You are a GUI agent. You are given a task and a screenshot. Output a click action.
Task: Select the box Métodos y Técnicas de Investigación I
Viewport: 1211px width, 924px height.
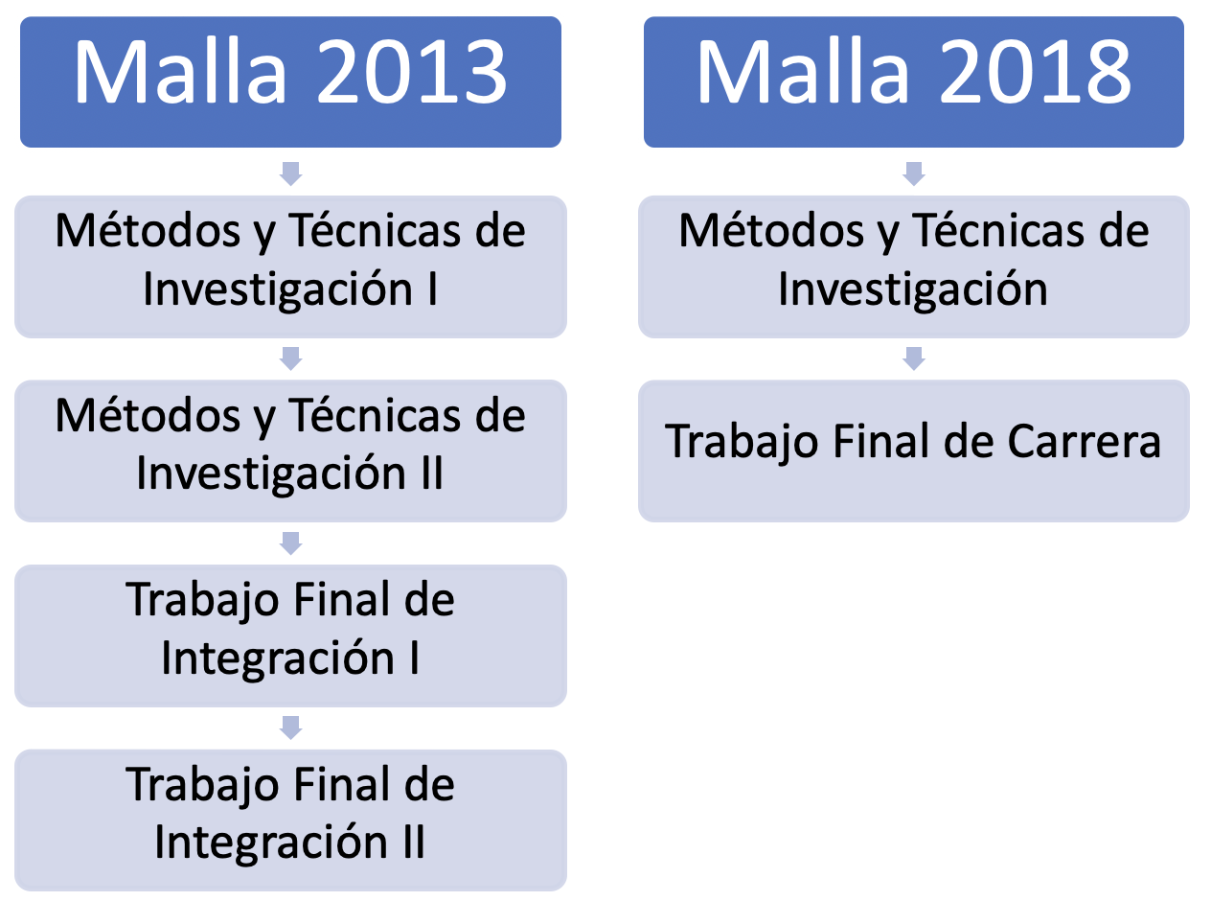tap(290, 266)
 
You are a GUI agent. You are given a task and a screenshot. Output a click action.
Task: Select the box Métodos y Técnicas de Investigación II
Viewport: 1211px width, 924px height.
tap(290, 450)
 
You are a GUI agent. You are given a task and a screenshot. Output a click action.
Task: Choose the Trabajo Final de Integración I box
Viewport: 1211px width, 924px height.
tap(290, 635)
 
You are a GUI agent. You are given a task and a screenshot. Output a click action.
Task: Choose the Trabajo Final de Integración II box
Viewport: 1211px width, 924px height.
tap(290, 820)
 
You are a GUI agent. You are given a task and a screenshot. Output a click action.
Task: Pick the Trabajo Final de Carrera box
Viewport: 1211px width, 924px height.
tap(913, 450)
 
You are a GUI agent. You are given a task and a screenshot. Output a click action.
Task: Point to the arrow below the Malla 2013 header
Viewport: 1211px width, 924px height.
tap(290, 173)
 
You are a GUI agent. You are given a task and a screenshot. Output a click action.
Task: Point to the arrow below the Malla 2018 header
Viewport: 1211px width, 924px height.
tap(914, 173)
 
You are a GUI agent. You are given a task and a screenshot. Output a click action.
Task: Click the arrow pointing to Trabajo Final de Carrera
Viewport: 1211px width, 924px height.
tap(914, 358)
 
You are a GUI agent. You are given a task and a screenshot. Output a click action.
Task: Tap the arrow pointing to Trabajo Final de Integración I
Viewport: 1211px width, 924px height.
tap(290, 543)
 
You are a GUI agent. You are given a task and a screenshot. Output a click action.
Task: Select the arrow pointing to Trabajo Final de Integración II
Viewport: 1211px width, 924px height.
tap(290, 728)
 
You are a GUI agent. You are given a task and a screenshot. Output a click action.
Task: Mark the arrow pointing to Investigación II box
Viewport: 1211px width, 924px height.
tap(290, 358)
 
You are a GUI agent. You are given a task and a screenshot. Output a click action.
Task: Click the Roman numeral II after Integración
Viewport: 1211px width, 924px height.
tap(413, 843)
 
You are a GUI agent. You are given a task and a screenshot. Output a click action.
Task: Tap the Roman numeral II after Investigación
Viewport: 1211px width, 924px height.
tap(431, 474)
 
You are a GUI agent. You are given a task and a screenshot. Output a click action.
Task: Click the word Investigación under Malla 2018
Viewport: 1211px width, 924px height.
tap(912, 289)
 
